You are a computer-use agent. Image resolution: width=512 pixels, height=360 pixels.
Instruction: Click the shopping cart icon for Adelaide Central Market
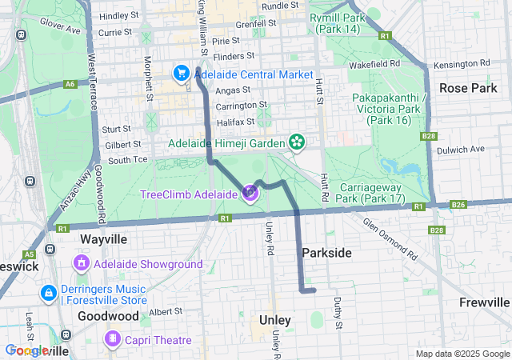181,74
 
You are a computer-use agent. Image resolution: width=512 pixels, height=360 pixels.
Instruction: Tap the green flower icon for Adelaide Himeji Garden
298,143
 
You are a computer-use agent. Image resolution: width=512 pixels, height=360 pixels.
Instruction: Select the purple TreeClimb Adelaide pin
250,193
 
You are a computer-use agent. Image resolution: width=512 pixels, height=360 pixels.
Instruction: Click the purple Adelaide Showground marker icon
81,263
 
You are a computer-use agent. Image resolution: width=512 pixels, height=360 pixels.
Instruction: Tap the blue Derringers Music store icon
48,294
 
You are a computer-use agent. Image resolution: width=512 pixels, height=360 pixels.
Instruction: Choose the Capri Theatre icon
114,340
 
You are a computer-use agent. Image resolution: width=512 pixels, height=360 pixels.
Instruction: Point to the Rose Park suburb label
468,88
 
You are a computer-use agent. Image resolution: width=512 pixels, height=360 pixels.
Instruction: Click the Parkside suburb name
326,253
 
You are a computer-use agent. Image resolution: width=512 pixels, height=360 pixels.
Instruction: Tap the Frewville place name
485,302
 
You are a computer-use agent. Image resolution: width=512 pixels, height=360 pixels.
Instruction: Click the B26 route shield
458,206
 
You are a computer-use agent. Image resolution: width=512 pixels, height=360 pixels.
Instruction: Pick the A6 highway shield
71,83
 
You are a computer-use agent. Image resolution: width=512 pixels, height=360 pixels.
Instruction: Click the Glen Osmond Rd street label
390,239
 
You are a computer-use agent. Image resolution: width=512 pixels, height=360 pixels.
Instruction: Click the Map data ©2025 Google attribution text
462,354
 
